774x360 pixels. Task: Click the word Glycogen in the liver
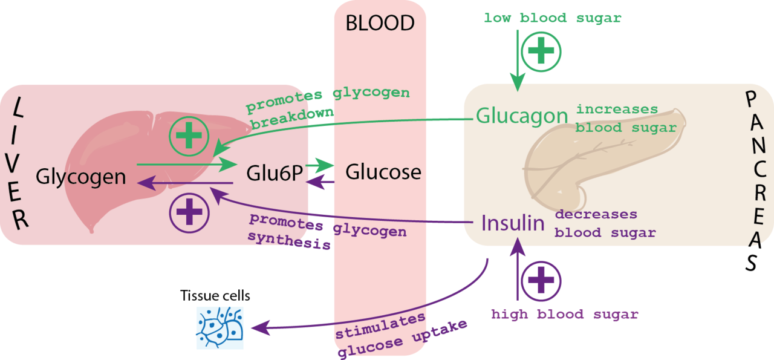(80, 177)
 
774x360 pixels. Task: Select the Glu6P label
(274, 173)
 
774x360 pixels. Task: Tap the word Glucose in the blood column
(383, 172)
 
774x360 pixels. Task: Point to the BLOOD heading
(380, 23)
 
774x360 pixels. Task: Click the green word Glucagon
(522, 116)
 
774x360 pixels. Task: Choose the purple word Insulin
(513, 223)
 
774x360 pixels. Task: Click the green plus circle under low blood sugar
(541, 51)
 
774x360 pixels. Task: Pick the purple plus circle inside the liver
(189, 213)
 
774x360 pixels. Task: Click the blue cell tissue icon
(220, 328)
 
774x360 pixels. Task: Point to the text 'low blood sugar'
(552, 18)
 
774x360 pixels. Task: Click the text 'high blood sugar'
(564, 315)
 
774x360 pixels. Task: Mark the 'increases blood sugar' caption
(625, 119)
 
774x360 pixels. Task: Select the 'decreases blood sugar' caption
(605, 223)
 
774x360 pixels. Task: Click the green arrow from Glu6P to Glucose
(320, 165)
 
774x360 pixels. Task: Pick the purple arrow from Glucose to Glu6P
(320, 182)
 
